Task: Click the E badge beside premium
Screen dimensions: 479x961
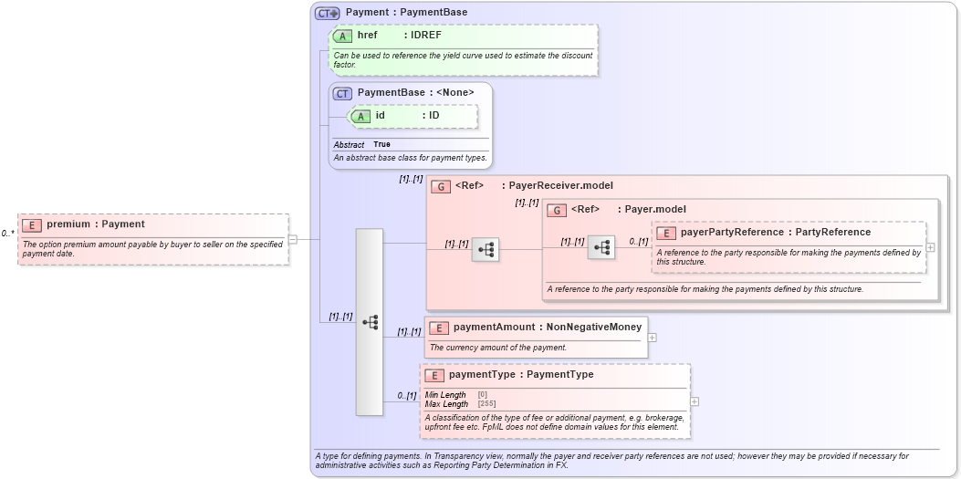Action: [x=32, y=224]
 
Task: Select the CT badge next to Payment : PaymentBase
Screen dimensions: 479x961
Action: [x=327, y=13]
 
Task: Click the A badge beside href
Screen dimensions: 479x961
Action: [x=342, y=36]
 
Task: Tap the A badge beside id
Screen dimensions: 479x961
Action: [x=360, y=116]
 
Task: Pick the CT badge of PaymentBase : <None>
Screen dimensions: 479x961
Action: [x=342, y=93]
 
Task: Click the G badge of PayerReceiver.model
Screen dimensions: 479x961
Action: [x=441, y=186]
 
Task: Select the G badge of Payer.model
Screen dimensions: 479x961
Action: [x=557, y=210]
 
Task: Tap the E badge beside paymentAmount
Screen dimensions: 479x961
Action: [x=439, y=328]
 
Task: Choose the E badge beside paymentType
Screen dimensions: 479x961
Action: [x=434, y=375]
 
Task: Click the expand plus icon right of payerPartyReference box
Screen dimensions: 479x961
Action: [x=930, y=247]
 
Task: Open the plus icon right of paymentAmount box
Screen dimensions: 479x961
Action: [x=652, y=337]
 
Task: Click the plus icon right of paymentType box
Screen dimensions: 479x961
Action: [x=695, y=401]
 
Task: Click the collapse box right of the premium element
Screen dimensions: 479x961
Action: [x=292, y=239]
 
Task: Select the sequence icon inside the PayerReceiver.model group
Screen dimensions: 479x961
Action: [x=486, y=249]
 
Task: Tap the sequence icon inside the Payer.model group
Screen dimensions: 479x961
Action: [x=601, y=247]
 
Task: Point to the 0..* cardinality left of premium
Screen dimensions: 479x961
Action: [x=7, y=234]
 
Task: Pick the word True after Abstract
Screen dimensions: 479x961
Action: [x=381, y=144]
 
